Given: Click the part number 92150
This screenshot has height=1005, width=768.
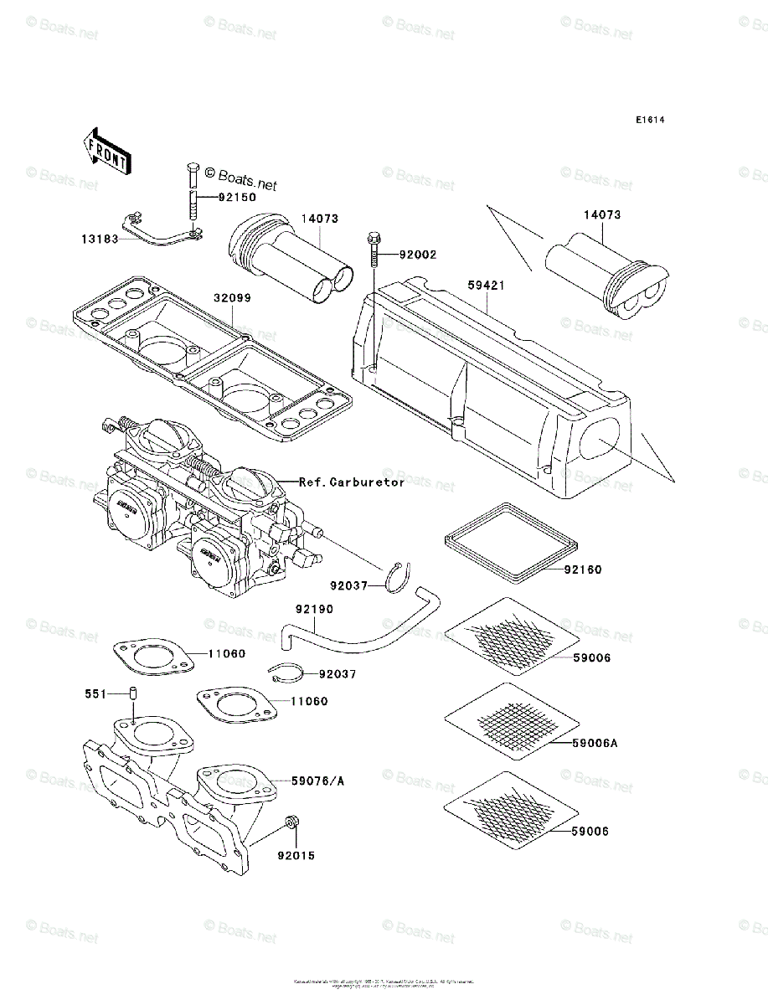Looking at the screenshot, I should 238,199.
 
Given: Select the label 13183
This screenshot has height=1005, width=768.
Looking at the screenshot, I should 100,239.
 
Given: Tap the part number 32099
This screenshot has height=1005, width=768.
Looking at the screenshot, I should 231,297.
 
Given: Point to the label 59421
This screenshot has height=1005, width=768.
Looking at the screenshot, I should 487,286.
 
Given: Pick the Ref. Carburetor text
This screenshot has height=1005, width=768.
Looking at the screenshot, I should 352,482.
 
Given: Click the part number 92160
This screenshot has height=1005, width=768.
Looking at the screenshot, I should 583,569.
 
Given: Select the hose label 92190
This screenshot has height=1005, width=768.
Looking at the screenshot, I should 313,610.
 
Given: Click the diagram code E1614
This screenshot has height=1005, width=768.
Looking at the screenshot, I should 649,121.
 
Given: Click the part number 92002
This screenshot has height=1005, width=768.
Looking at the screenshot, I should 417,254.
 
